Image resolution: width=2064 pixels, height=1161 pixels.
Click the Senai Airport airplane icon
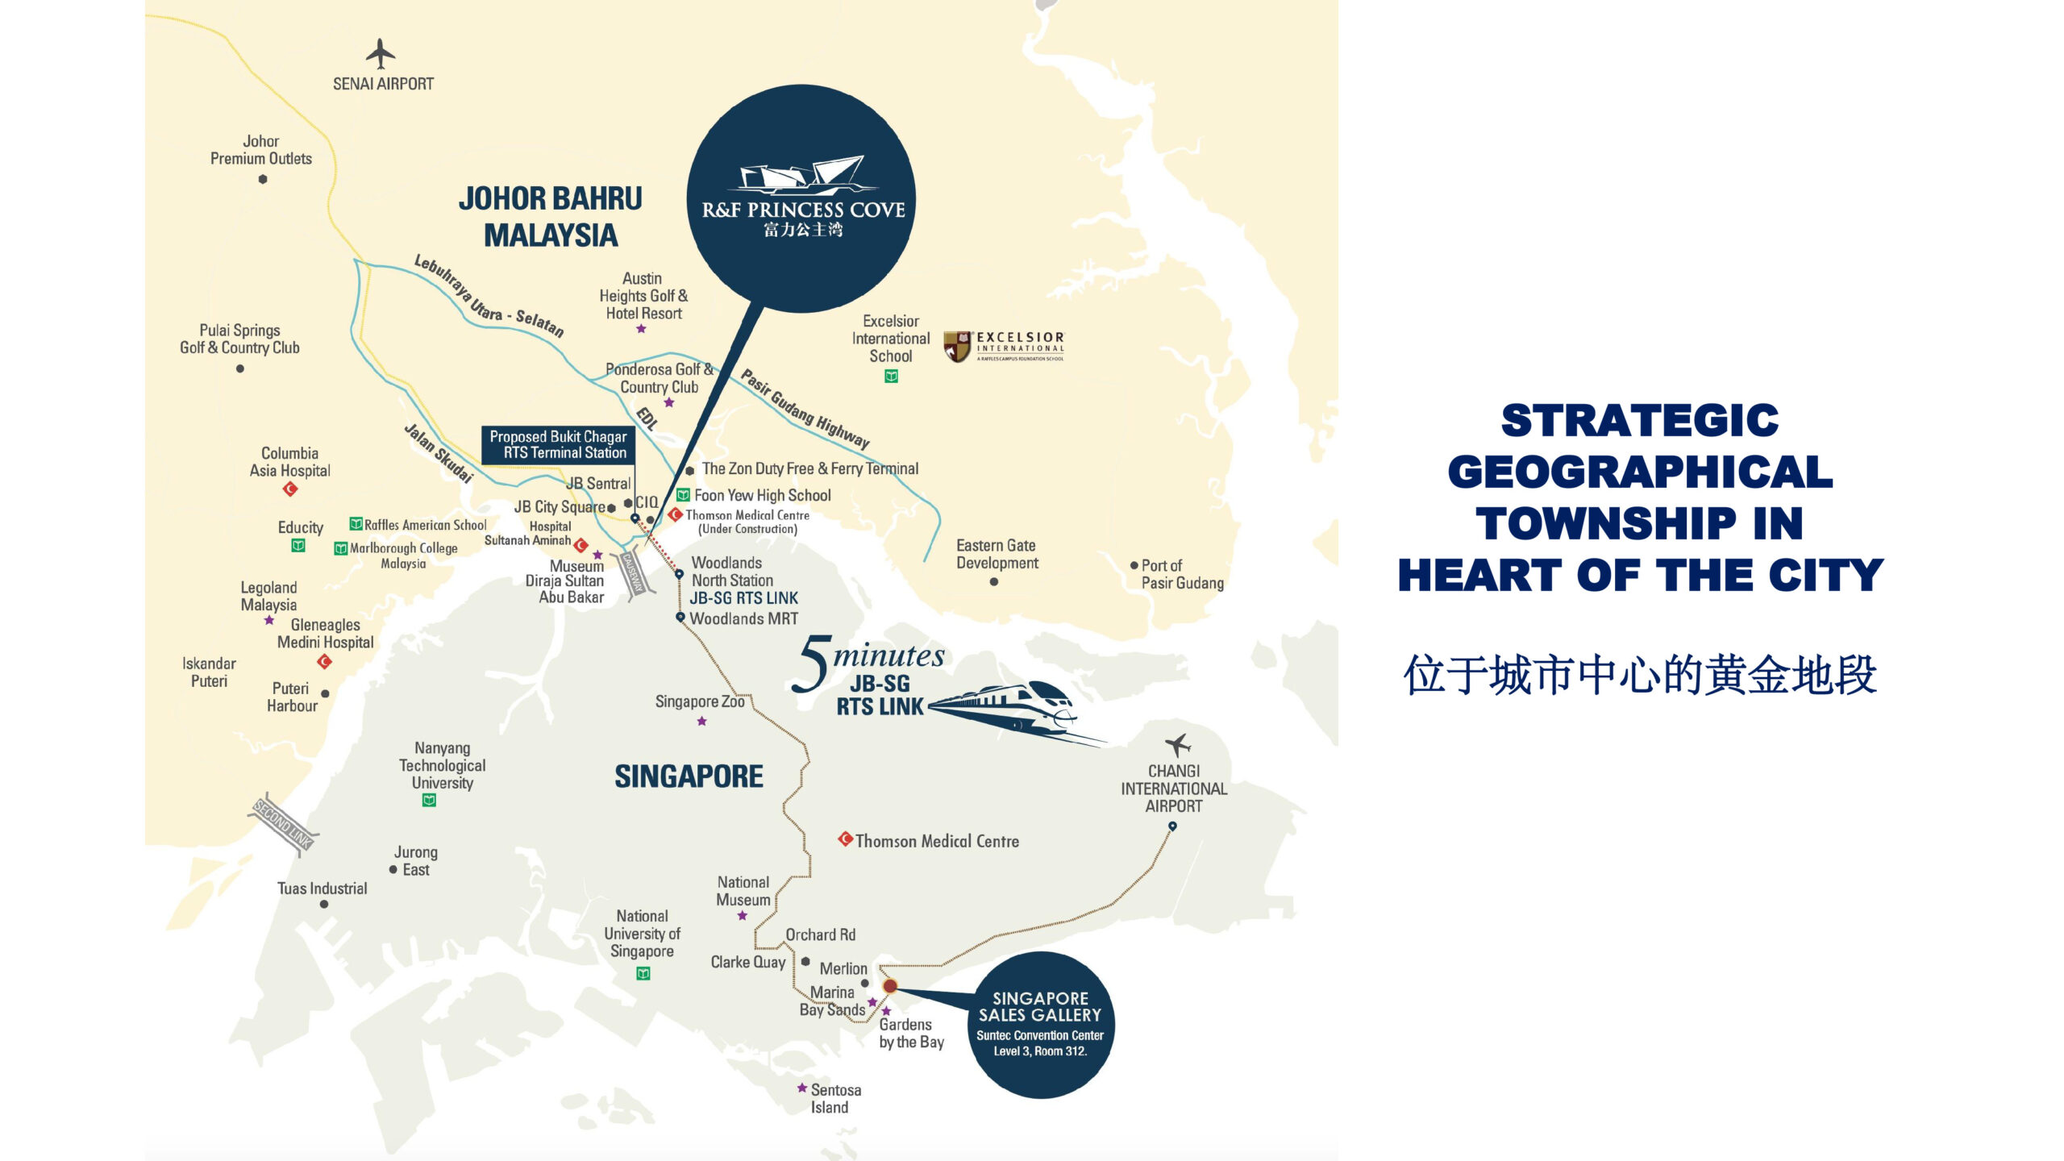tap(381, 54)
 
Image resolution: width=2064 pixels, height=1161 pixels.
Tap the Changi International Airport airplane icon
tap(1178, 744)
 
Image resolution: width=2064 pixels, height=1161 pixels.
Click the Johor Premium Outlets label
tap(261, 150)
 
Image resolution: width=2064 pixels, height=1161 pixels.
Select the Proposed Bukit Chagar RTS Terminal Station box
tap(558, 445)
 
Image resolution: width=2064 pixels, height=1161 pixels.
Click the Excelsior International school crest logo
tap(957, 347)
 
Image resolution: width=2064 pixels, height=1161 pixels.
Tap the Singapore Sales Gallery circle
tap(1041, 1024)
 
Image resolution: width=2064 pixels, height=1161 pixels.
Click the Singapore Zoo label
tap(700, 701)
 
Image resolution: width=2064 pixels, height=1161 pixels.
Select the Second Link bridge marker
tap(283, 823)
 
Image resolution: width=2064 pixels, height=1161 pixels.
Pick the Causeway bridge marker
tap(633, 572)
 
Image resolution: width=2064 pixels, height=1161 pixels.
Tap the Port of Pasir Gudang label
tap(1182, 574)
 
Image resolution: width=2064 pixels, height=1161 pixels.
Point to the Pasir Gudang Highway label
tap(805, 409)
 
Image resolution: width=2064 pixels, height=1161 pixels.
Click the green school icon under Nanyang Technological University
tap(430, 801)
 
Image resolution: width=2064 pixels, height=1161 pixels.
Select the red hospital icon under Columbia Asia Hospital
tap(290, 489)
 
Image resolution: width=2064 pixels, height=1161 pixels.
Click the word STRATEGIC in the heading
tap(1639, 421)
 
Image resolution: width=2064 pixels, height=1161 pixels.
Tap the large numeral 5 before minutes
tap(814, 664)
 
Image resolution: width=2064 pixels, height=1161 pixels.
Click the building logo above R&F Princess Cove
tap(803, 175)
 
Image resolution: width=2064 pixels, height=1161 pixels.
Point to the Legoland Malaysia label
tap(268, 596)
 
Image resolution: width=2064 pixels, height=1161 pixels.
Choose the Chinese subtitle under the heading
tap(1640, 675)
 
